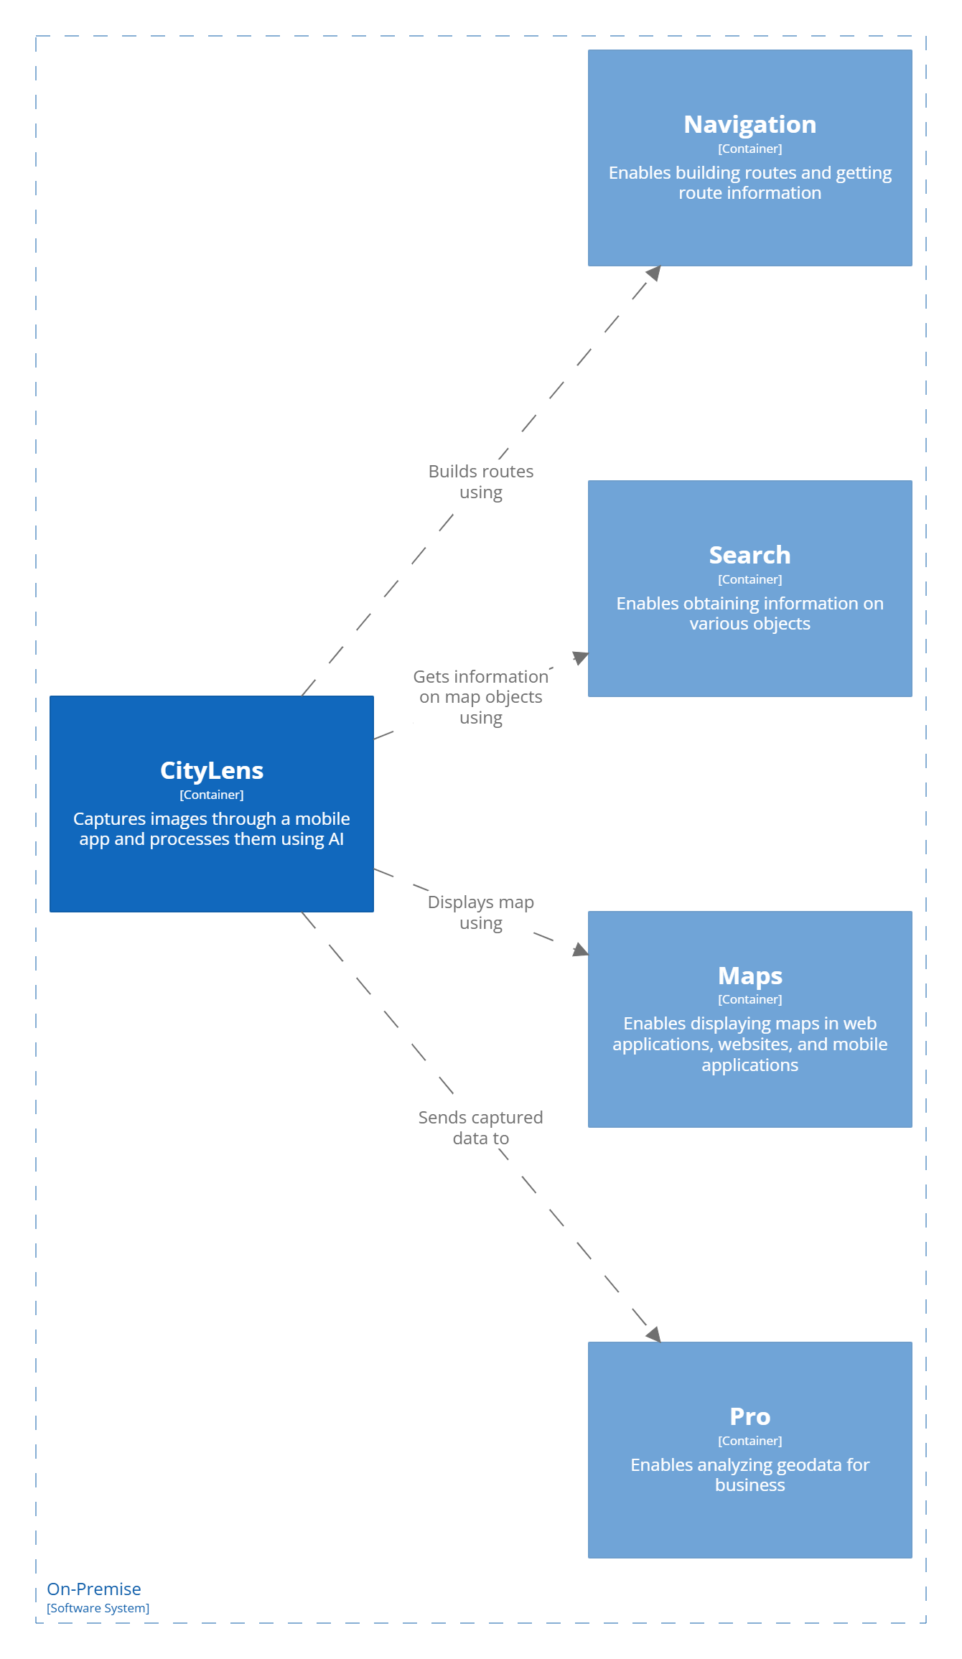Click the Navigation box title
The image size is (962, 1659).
pyautogui.click(x=749, y=124)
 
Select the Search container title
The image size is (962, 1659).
pyautogui.click(x=749, y=555)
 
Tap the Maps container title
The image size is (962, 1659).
pyautogui.click(x=749, y=976)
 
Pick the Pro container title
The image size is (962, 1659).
pyautogui.click(x=749, y=1416)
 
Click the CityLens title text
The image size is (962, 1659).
pyautogui.click(x=211, y=770)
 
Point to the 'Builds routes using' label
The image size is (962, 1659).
pyautogui.click(x=480, y=482)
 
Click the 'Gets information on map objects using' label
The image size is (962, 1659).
pyautogui.click(x=480, y=697)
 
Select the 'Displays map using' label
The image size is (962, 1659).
pyautogui.click(x=480, y=912)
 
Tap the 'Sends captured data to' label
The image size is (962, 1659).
pyautogui.click(x=480, y=1128)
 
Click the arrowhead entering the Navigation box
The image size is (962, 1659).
pyautogui.click(x=653, y=274)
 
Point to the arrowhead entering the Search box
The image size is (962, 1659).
pyautogui.click(x=580, y=657)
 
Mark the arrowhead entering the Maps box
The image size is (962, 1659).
pyautogui.click(x=580, y=950)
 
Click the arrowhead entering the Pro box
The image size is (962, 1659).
pyautogui.click(x=653, y=1335)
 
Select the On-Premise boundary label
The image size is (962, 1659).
pyautogui.click(x=94, y=1589)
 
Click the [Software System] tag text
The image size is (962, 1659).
pyautogui.click(x=98, y=1608)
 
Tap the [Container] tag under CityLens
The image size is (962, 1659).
pyautogui.click(x=211, y=795)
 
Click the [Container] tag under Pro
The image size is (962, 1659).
pyautogui.click(x=749, y=1441)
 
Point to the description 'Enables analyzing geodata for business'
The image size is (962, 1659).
pyautogui.click(x=749, y=1475)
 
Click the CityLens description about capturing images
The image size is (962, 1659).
pyautogui.click(x=211, y=828)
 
